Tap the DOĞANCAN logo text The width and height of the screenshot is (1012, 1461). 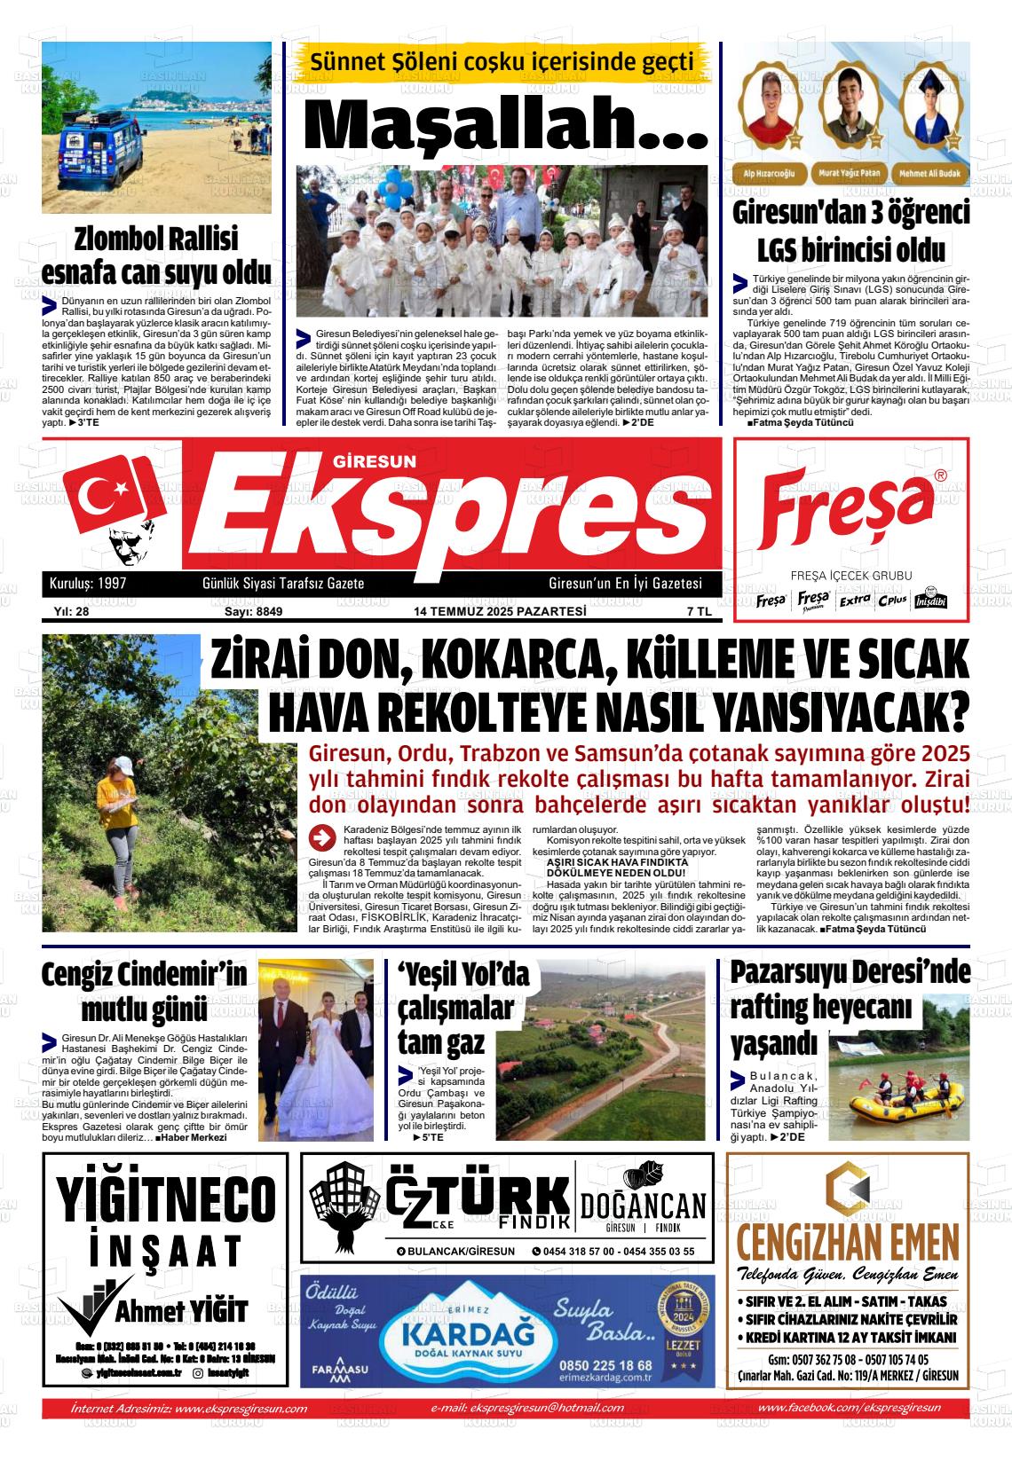644,1206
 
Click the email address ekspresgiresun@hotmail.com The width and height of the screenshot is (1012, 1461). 527,1407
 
